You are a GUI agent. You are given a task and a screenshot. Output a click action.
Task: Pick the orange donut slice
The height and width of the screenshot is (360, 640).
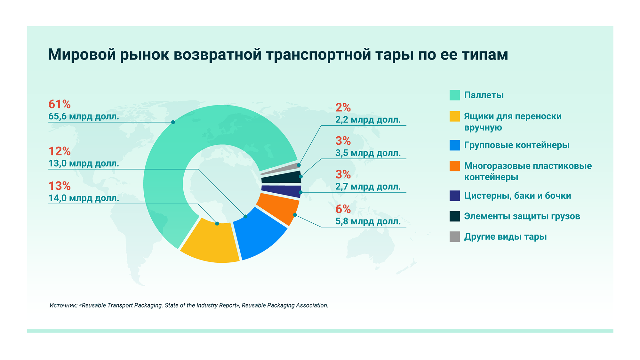[278, 208]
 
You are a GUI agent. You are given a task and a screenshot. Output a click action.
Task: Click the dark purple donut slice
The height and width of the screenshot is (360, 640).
[282, 191]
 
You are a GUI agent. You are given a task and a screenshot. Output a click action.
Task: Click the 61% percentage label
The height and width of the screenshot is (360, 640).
[60, 104]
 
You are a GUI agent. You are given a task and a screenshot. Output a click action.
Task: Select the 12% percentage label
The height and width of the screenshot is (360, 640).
[60, 151]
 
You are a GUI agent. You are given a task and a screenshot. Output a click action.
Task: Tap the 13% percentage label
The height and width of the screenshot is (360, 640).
[60, 186]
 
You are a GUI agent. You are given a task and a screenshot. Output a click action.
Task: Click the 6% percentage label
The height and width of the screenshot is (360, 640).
[343, 209]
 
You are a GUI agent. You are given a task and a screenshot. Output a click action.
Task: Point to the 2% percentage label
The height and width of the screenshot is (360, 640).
[343, 108]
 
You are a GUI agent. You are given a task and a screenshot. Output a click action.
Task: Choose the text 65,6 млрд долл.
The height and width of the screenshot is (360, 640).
[84, 116]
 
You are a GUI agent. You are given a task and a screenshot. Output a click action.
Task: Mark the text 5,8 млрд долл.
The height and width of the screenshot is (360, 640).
[368, 221]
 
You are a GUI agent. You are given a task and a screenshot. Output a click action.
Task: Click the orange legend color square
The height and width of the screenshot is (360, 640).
[455, 166]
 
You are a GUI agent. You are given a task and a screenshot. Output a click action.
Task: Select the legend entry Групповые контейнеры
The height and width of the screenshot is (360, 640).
[517, 145]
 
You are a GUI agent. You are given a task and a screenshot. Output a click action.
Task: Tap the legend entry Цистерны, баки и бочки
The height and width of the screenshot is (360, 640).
[517, 196]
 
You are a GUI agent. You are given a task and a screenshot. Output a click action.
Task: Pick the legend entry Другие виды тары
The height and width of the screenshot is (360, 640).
[505, 237]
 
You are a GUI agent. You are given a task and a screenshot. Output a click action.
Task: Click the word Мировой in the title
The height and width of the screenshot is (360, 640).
[82, 54]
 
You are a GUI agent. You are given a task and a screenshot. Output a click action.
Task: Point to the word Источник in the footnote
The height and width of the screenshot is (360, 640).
[63, 305]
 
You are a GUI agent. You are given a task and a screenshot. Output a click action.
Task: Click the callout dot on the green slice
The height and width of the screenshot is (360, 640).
[173, 122]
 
